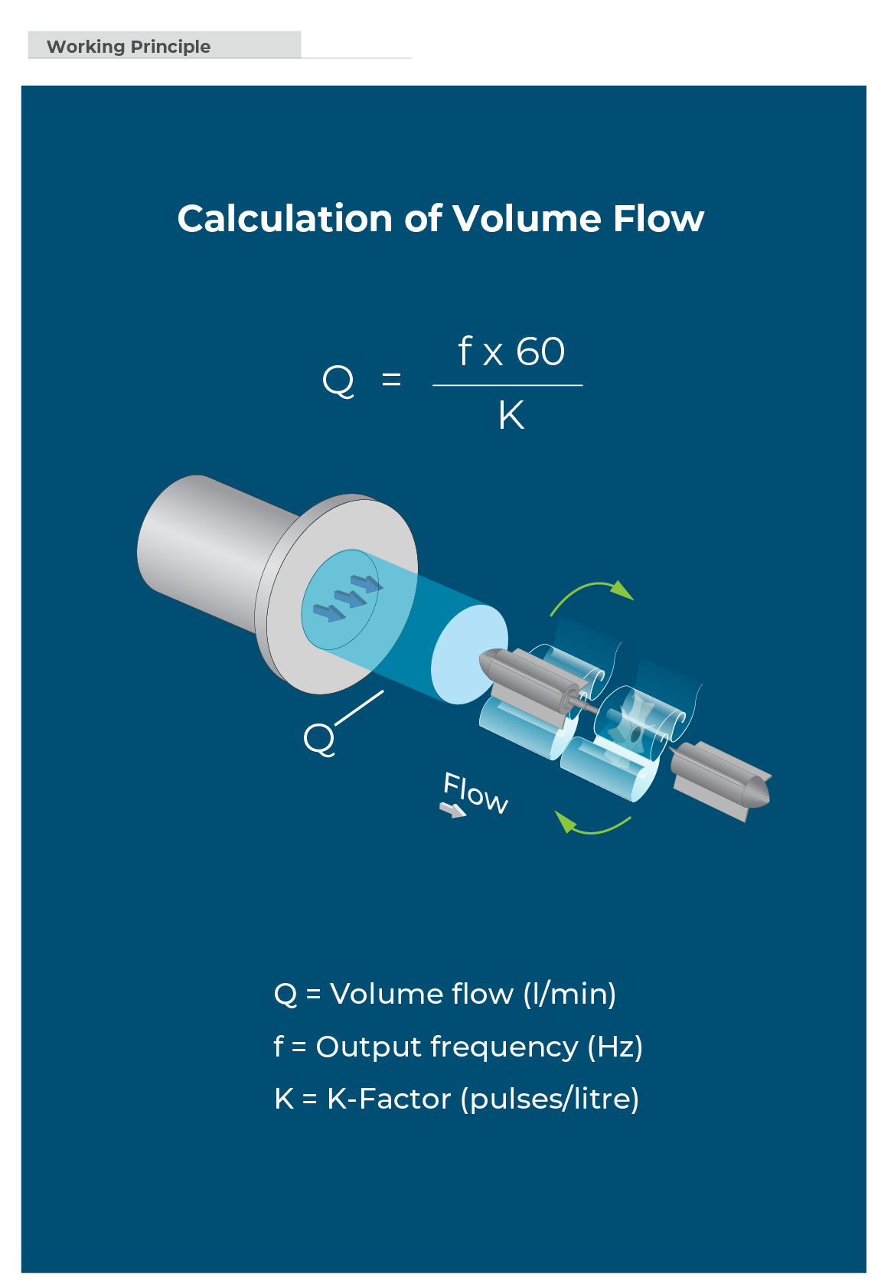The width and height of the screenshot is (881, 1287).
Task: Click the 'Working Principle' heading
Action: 129,47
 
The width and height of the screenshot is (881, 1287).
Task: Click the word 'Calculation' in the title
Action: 286,219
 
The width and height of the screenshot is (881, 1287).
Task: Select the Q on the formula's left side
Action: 338,381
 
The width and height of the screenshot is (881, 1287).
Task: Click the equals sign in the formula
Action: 391,379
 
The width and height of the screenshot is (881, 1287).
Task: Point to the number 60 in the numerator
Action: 540,352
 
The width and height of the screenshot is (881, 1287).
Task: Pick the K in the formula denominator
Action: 511,416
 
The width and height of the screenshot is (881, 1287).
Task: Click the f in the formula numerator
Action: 465,351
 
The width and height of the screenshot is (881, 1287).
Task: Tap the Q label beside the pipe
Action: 319,739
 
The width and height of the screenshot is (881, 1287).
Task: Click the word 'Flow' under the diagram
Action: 475,792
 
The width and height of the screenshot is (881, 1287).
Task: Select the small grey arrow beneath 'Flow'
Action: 452,809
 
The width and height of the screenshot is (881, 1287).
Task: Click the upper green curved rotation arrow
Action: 592,594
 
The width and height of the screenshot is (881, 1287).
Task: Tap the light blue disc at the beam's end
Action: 468,653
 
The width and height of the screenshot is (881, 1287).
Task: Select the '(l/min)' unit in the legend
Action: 569,994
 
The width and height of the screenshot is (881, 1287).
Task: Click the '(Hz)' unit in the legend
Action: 615,1047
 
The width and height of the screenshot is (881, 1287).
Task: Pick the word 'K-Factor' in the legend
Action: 389,1099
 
